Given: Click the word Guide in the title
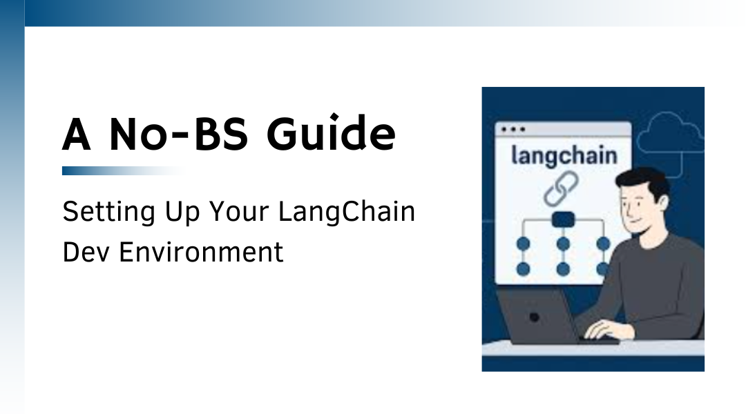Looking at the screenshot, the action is pyautogui.click(x=331, y=134).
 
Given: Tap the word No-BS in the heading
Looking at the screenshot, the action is pyautogui.click(x=179, y=135).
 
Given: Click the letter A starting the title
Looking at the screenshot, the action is pyautogui.click(x=76, y=135).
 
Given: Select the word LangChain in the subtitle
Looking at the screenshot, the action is pyautogui.click(x=347, y=213).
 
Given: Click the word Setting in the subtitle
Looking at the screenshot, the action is pyautogui.click(x=109, y=213).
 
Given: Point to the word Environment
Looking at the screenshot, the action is pyautogui.click(x=201, y=252).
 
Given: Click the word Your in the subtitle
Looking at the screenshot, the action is pyautogui.click(x=239, y=212).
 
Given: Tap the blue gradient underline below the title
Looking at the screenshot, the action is pyautogui.click(x=124, y=170).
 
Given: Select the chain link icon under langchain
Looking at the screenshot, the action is pyautogui.click(x=562, y=189).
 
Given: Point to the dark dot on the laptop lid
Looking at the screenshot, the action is pyautogui.click(x=534, y=317).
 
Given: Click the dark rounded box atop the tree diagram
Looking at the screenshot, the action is pyautogui.click(x=564, y=219).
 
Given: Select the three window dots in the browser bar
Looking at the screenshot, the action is pyautogui.click(x=513, y=129).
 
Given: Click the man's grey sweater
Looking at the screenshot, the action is pyautogui.click(x=657, y=285).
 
